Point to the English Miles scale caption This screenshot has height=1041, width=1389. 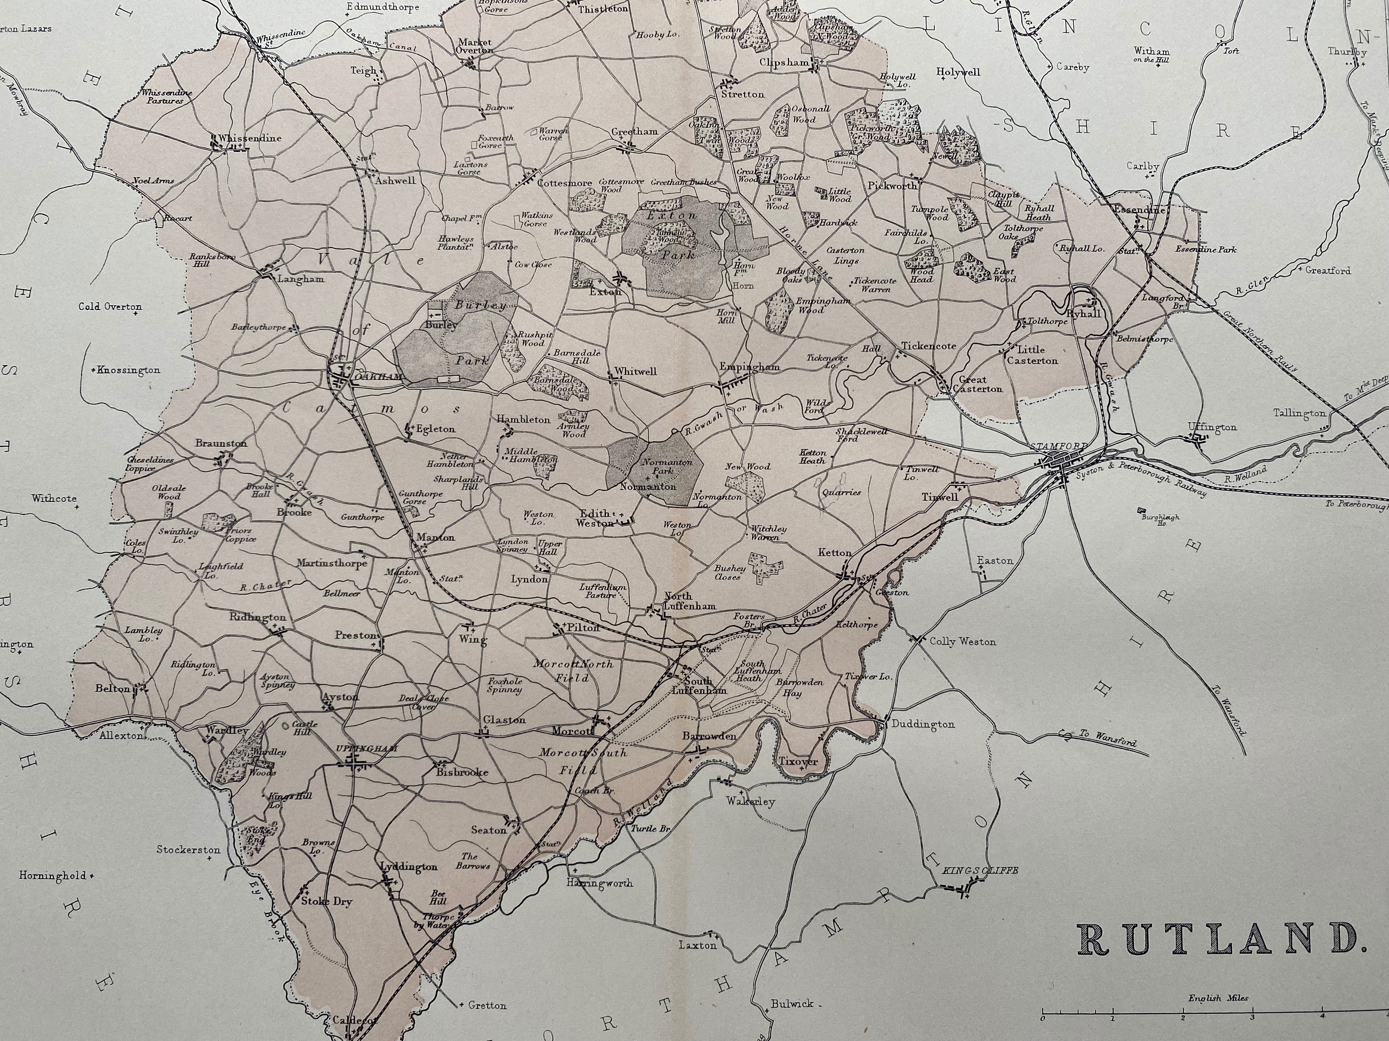tap(1218, 998)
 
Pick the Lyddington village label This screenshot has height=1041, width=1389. tap(409, 867)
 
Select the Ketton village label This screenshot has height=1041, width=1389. tap(834, 552)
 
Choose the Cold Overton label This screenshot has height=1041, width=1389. tap(110, 306)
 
